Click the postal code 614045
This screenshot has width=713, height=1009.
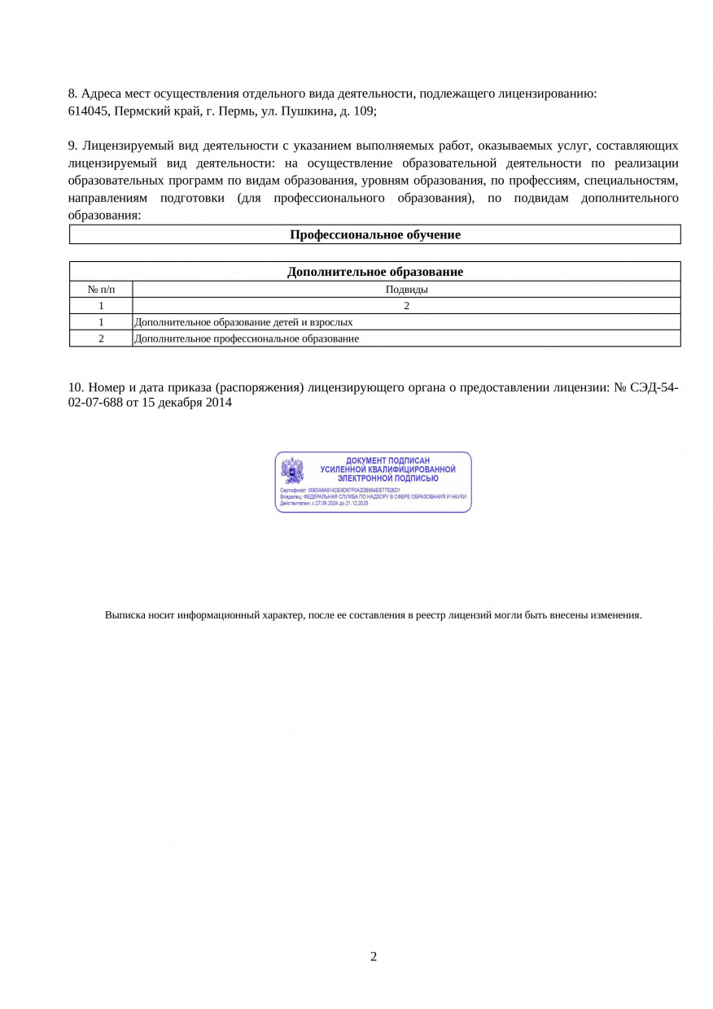point(89,111)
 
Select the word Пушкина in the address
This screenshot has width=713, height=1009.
point(302,111)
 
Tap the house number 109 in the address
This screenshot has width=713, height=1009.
point(364,111)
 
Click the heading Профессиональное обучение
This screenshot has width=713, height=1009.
point(374,235)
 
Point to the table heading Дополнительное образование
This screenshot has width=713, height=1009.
point(374,272)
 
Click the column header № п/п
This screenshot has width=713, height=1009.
point(101,289)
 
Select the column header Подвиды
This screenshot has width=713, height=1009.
point(406,289)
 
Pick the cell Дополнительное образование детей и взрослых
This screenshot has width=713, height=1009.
point(243,322)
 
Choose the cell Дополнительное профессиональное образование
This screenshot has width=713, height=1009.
point(247,339)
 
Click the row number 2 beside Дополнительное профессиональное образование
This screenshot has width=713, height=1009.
point(101,339)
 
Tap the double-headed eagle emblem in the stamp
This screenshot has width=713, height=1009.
point(292,470)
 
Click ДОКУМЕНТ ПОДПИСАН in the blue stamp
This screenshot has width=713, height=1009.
point(387,461)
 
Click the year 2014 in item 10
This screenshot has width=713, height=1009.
point(218,403)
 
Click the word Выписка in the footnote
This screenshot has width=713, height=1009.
point(125,615)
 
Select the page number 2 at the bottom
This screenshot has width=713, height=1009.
point(374,957)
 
